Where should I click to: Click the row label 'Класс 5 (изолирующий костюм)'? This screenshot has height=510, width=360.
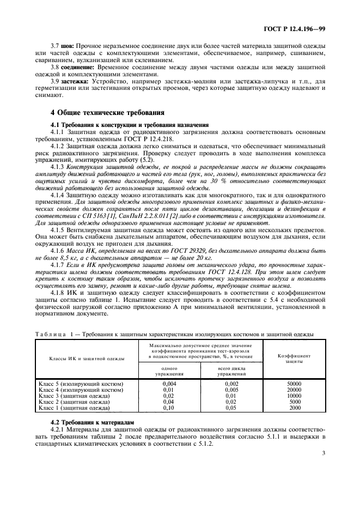[81, 384]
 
